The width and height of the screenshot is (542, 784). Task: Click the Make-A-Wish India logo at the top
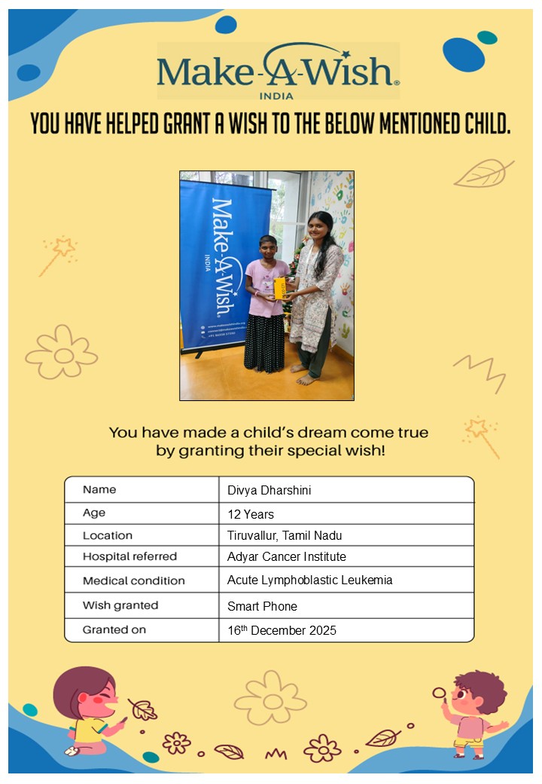pos(278,71)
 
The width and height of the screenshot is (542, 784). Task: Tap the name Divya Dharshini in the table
pos(269,491)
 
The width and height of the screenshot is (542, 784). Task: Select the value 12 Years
pos(251,515)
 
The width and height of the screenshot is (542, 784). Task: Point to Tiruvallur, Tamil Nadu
pos(285,536)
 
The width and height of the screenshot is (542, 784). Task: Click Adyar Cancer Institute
pos(286,557)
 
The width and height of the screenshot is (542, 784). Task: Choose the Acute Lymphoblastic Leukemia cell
pos(309,580)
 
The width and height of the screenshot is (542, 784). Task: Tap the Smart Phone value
pos(262,606)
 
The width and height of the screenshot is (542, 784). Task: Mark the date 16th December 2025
pos(282,630)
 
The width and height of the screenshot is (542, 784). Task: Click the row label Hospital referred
pos(129,557)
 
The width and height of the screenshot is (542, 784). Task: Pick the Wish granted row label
pos(120,605)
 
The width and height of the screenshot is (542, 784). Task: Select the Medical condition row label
pos(133,581)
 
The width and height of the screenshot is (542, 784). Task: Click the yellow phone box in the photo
pos(279,288)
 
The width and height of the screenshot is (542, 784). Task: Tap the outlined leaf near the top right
pos(483,173)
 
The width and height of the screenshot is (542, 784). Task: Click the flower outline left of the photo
pos(62,352)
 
